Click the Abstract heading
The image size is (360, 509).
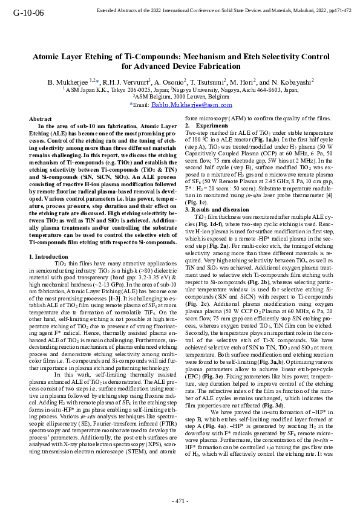[x=41, y=120]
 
